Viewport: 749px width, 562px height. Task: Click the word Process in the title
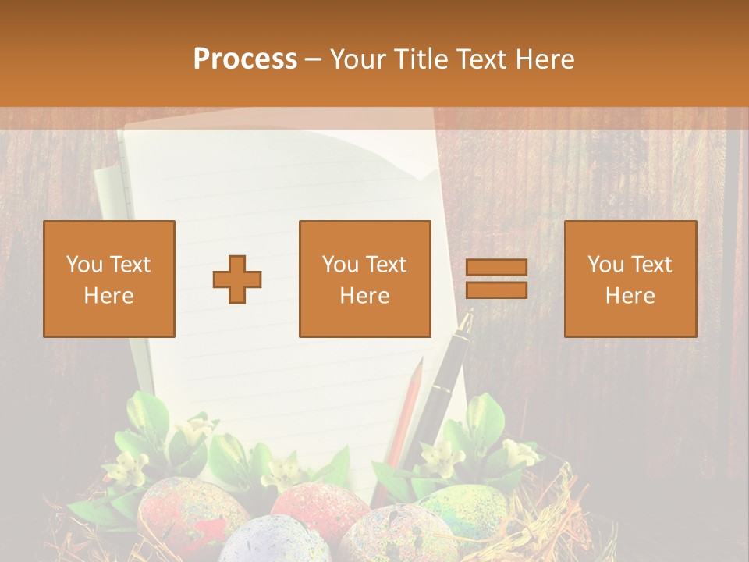pos(245,59)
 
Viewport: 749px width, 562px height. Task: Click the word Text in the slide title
pos(488,59)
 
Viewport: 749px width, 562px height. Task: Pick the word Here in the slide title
pos(549,59)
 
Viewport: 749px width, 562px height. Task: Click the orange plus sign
pos(237,279)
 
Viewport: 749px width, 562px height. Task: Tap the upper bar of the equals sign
pos(496,268)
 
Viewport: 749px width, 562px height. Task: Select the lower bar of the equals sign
pos(496,290)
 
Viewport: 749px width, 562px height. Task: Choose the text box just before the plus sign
pos(109,279)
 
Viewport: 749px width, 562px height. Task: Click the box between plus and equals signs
pos(365,279)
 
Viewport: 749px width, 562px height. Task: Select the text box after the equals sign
pos(630,279)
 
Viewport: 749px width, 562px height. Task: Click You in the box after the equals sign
pos(606,265)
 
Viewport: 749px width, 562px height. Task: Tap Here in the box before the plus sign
pos(109,296)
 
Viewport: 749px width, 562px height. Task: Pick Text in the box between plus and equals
pos(386,265)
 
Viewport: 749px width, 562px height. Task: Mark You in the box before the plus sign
pos(85,265)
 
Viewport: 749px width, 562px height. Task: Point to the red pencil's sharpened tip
pos(420,363)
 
